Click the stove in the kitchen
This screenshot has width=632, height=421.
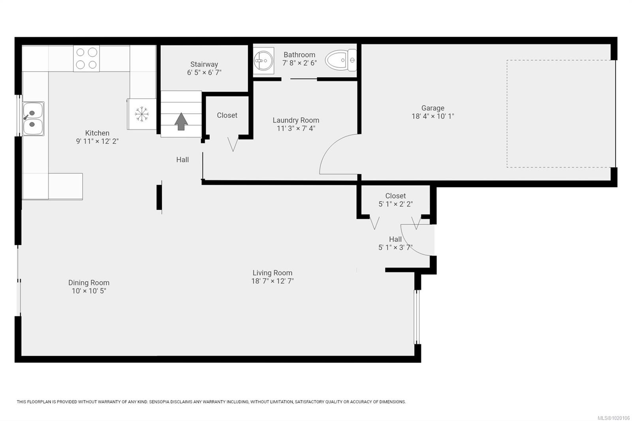(x=87, y=58)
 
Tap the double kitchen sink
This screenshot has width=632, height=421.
(x=33, y=118)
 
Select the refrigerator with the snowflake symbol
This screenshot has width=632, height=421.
(x=142, y=114)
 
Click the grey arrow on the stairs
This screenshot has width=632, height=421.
(x=181, y=122)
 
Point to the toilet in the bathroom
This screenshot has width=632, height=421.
(x=341, y=60)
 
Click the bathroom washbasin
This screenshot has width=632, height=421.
(x=263, y=61)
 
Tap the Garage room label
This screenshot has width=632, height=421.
(x=433, y=108)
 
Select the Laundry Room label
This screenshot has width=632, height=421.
(x=296, y=120)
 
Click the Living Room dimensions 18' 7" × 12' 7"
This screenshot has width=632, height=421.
(x=273, y=281)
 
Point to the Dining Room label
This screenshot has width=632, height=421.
(x=89, y=283)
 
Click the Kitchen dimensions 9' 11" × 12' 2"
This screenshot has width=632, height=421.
(x=97, y=141)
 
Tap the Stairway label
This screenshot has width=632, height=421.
(x=204, y=64)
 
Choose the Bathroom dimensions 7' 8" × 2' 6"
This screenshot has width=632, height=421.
(x=299, y=63)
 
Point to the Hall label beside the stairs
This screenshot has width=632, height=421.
(x=182, y=160)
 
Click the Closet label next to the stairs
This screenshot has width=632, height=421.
(x=227, y=115)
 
